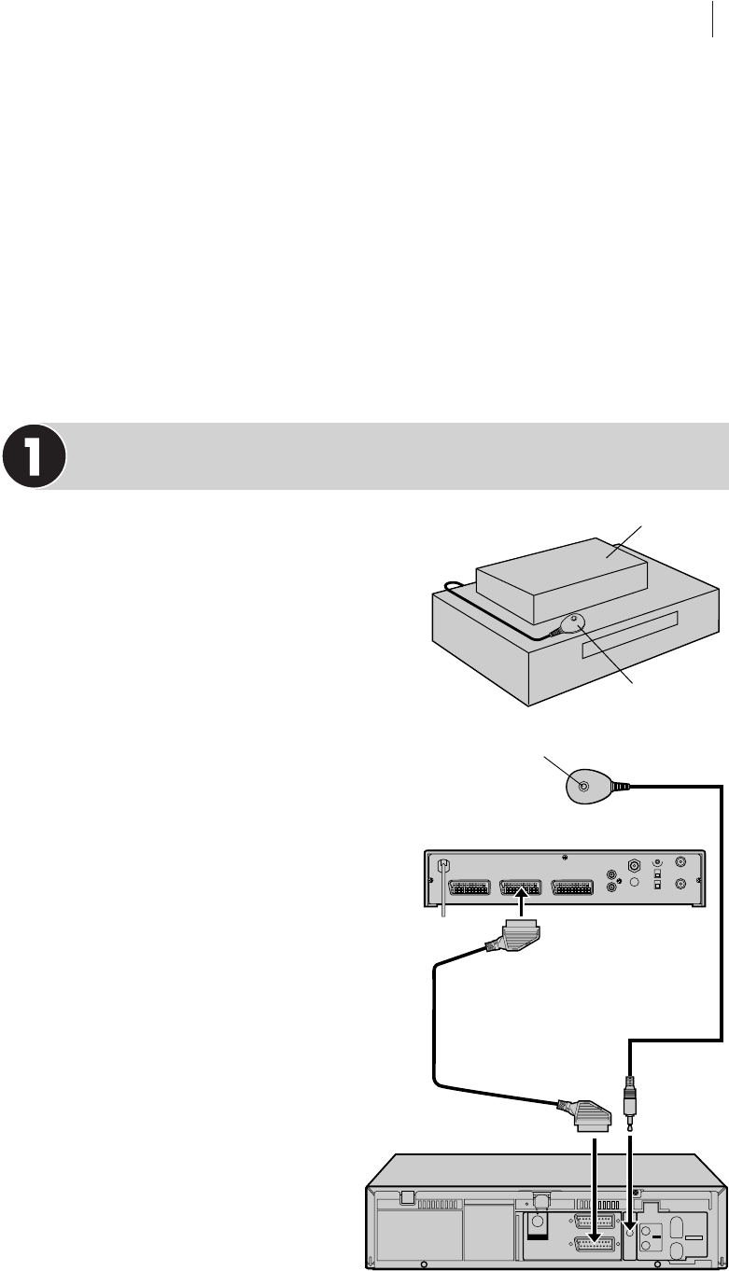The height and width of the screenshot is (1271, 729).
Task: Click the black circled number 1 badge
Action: (34, 457)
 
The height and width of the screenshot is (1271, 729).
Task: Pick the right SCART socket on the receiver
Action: (578, 887)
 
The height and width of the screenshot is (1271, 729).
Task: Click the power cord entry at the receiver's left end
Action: (443, 867)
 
